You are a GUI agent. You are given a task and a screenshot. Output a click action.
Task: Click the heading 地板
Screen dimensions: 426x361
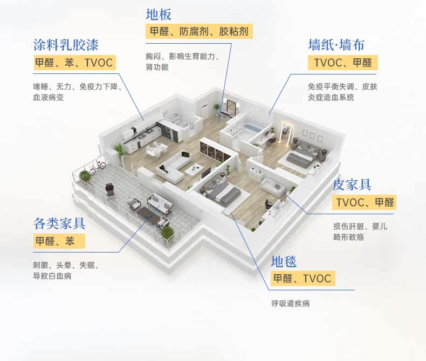(x=159, y=14)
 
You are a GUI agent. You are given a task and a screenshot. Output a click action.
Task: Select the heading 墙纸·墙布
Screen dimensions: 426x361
(x=336, y=44)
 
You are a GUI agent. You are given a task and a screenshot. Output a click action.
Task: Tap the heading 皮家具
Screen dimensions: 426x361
(x=352, y=185)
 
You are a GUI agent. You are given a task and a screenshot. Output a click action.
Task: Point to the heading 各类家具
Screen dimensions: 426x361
(x=59, y=223)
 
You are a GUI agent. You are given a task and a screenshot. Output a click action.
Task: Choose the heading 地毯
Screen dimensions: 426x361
(x=284, y=262)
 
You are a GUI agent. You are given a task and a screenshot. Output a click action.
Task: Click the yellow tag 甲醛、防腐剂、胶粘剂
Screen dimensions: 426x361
(x=199, y=31)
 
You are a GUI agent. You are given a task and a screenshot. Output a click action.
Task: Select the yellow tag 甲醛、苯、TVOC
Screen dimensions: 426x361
(x=74, y=63)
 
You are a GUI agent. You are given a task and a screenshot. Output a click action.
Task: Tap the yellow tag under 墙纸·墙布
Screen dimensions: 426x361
(x=343, y=63)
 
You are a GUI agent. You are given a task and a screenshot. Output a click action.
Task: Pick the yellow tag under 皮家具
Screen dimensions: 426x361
(x=365, y=203)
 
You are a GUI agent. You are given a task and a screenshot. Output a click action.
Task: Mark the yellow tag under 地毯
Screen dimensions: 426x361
(x=302, y=279)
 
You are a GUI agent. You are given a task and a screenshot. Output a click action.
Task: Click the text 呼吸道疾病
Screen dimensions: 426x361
(x=290, y=303)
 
